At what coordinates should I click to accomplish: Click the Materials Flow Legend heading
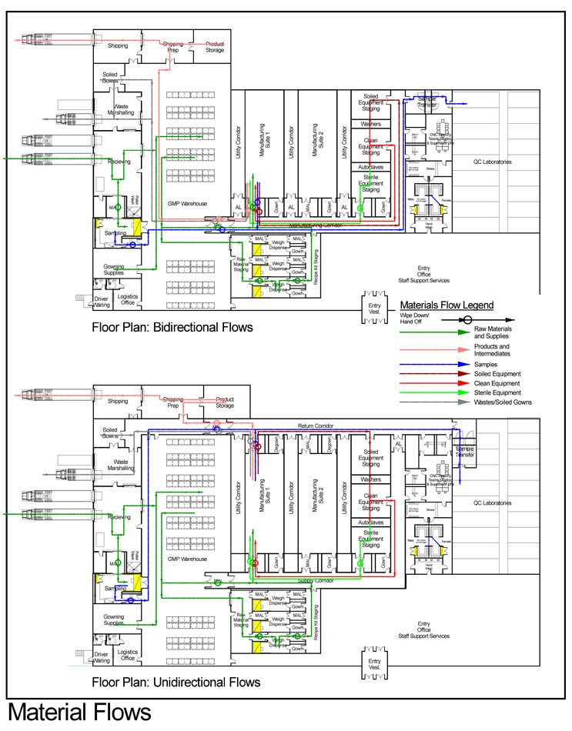(x=451, y=305)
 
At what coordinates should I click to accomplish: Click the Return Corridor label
(x=314, y=426)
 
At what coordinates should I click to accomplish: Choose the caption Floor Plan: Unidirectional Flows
(x=176, y=682)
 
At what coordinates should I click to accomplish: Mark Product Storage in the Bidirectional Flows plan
(x=215, y=48)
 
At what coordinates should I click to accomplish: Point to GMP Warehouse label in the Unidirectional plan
(x=188, y=559)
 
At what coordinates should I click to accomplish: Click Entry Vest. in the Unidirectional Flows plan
(x=374, y=665)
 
